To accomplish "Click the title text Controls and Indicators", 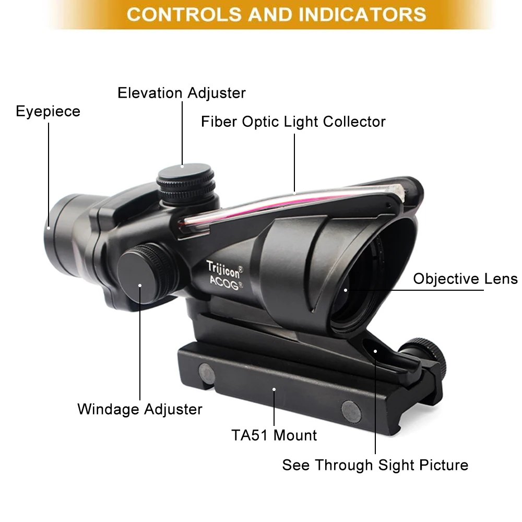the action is (276, 14).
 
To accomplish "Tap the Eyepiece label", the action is (48, 111).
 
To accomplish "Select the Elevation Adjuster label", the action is (181, 93).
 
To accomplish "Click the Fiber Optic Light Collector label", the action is (293, 122).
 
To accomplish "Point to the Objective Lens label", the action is (465, 278).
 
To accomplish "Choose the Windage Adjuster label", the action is (139, 409).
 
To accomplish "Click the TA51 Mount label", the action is (274, 435).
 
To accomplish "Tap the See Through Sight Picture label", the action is (375, 465).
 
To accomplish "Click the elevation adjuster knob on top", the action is (185, 180).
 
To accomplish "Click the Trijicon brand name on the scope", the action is (224, 267).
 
